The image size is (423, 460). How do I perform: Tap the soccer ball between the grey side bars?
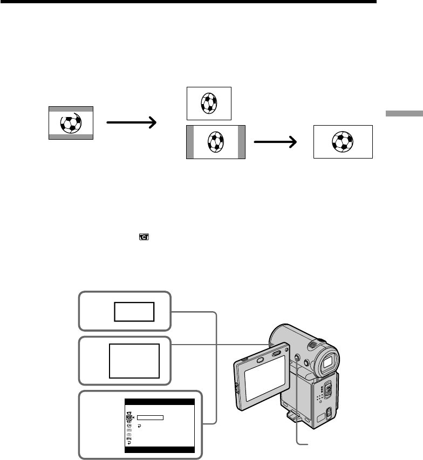tap(215, 142)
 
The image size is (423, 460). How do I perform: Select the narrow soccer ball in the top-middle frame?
tap(208, 102)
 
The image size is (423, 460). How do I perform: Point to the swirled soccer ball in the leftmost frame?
tap(71, 123)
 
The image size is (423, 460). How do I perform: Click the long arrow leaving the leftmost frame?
tap(131, 123)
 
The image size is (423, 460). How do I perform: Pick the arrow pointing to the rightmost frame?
tap(275, 142)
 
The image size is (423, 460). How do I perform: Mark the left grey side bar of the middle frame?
tap(189, 142)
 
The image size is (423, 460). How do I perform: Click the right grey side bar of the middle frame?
tap(241, 142)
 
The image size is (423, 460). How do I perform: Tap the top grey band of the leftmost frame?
tap(71, 108)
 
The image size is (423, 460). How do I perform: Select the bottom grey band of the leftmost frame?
tap(71, 137)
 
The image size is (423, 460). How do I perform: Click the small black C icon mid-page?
tap(144, 236)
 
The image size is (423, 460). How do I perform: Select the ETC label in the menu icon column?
tap(129, 439)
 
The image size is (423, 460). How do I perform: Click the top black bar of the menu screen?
tap(159, 402)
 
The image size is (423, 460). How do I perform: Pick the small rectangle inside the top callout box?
tap(134, 312)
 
